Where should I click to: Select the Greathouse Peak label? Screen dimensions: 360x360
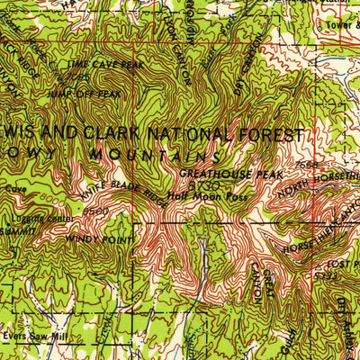[231, 173]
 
